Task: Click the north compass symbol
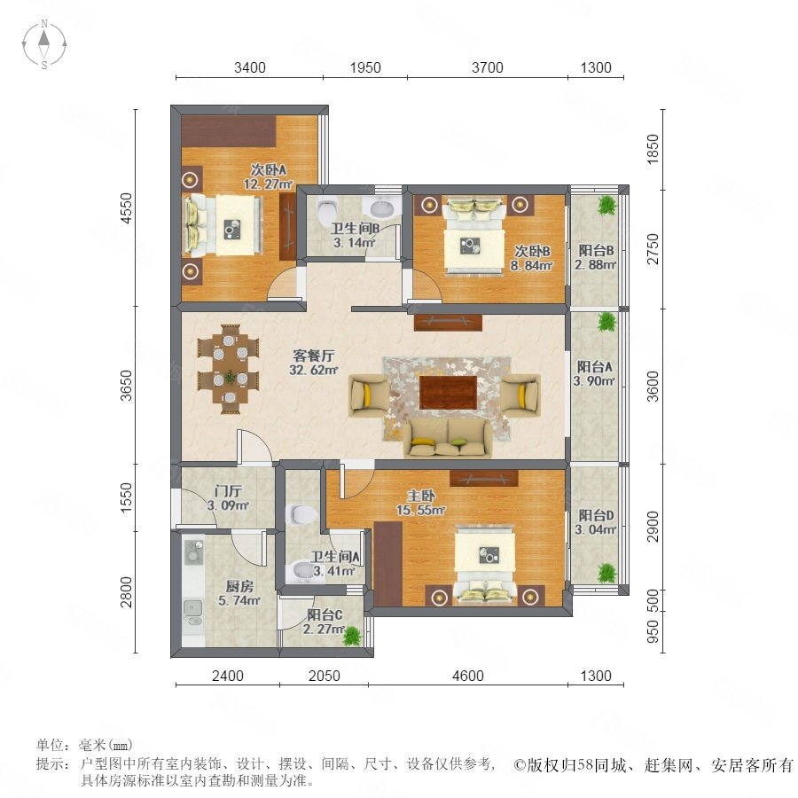[x=44, y=43]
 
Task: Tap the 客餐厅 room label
[x=313, y=356]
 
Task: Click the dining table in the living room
[x=229, y=369]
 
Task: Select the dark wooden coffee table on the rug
[x=449, y=393]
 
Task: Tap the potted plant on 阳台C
[x=352, y=636]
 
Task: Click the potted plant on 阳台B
[x=606, y=206]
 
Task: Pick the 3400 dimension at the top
[x=250, y=67]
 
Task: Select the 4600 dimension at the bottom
[x=467, y=676]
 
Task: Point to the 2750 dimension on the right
[x=652, y=249]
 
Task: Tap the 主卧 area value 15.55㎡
[x=421, y=510]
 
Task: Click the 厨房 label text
[x=239, y=586]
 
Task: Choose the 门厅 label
[x=228, y=491]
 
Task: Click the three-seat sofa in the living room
[x=448, y=438]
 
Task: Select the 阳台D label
[x=596, y=515]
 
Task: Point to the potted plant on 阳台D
[x=606, y=573]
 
